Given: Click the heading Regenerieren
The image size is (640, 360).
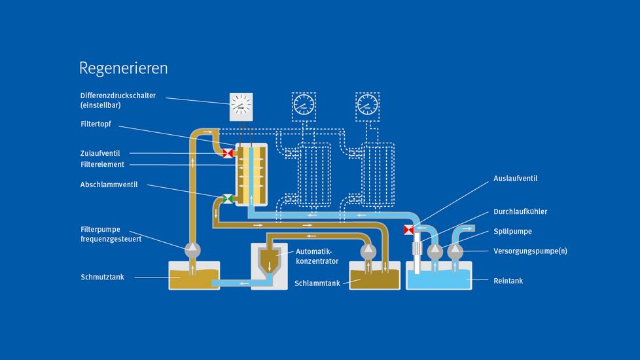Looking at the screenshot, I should (123, 68).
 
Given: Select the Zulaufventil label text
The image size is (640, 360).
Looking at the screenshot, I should (100, 153).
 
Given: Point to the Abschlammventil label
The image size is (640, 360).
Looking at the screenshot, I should (109, 185).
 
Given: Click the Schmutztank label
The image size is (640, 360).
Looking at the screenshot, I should (102, 278).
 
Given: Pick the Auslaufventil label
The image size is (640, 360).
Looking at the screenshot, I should (515, 177).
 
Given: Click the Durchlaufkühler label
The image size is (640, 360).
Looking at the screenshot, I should (520, 211).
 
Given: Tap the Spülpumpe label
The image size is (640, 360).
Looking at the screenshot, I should (513, 231).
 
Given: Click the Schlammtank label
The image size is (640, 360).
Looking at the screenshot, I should (317, 283).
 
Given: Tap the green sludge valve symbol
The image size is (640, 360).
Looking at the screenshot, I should (227, 198).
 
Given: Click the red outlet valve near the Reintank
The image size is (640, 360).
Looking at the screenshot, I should (410, 230).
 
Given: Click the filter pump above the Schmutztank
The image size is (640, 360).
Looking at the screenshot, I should (193, 249).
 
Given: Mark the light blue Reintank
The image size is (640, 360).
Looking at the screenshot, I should (438, 278).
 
